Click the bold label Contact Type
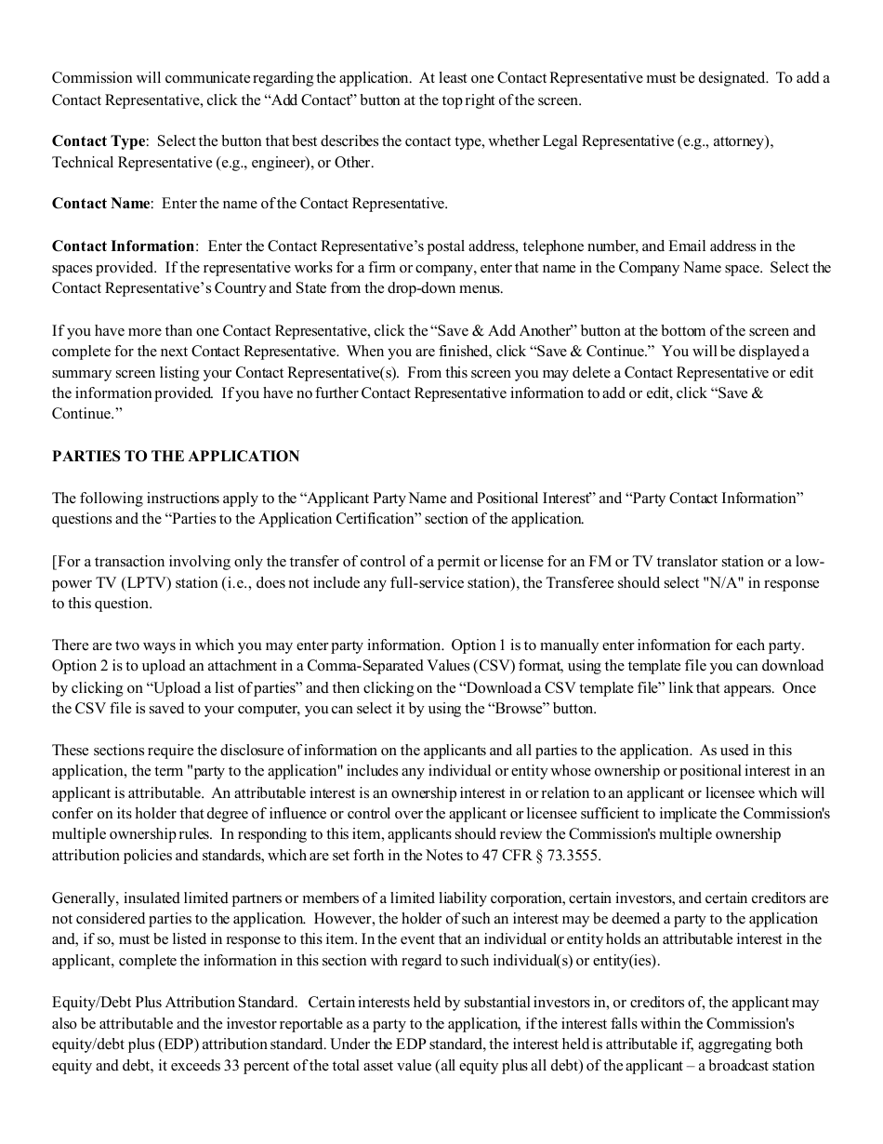coord(99,141)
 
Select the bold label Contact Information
coord(123,246)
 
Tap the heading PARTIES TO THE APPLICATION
coord(176,457)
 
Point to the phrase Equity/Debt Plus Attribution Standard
coord(174,1003)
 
